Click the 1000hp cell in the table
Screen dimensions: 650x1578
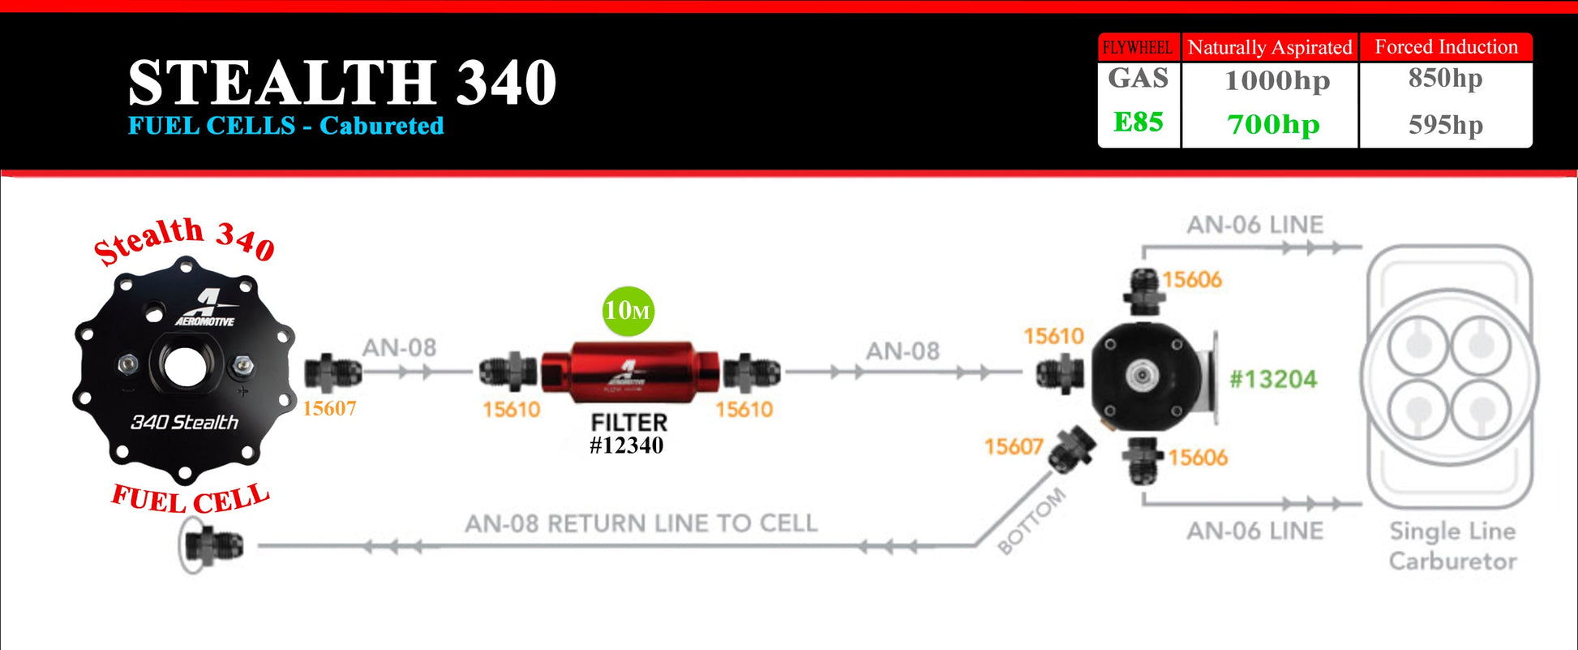pos(1277,80)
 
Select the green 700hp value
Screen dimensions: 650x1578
pos(1273,124)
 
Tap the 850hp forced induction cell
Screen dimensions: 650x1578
pos(1445,78)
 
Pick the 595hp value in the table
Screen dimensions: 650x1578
pos(1445,124)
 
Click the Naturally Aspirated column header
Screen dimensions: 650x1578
pos(1270,47)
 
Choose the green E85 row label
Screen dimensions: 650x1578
pos(1138,122)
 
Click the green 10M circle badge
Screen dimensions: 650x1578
pos(628,311)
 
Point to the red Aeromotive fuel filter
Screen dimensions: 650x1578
pos(629,372)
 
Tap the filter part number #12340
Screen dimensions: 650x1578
pos(626,446)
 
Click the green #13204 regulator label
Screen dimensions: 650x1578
pos(1273,379)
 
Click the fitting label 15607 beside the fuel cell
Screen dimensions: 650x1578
pos(329,408)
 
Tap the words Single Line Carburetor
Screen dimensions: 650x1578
pos(1452,546)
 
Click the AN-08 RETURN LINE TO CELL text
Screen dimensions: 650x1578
pos(641,523)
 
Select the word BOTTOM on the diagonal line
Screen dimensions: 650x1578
pos(1031,521)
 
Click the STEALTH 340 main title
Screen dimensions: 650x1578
pos(342,83)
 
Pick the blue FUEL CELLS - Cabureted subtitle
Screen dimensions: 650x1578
pos(285,126)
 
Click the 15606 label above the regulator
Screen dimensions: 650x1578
pos(1191,280)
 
